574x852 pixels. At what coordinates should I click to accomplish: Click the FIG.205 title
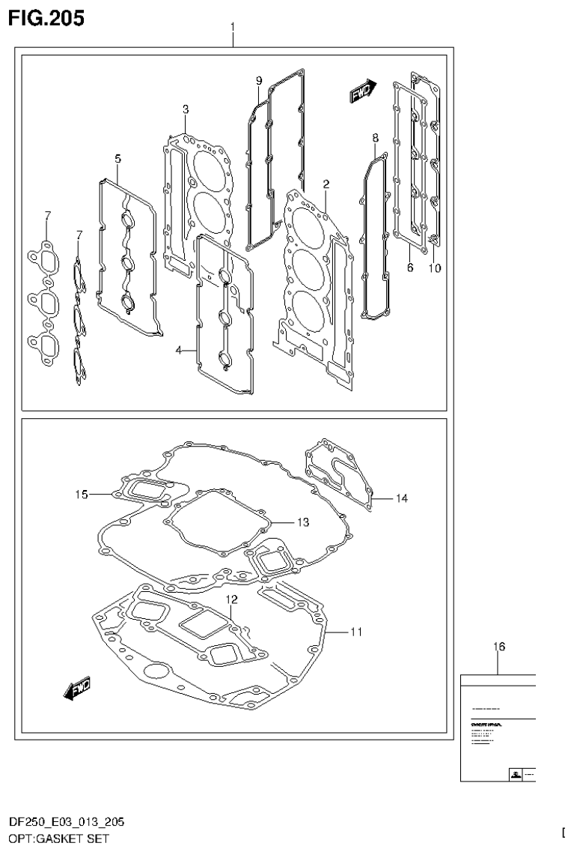[x=46, y=16]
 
